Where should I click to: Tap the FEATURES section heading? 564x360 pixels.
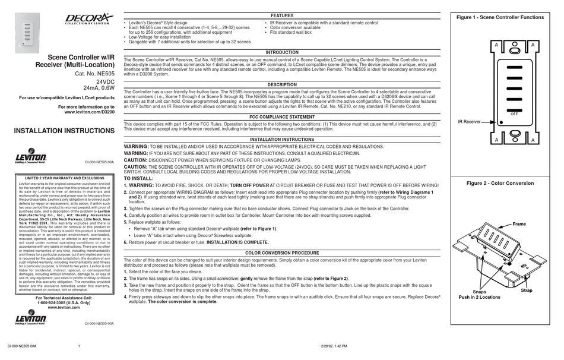pyautogui.click(x=282, y=15)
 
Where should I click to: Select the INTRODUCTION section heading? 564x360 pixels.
pyautogui.click(x=282, y=52)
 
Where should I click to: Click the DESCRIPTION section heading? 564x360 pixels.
pyautogui.click(x=282, y=85)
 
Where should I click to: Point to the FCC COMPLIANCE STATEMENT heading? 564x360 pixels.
pyautogui.click(x=282, y=117)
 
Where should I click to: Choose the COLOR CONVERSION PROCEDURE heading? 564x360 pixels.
pyautogui.click(x=282, y=252)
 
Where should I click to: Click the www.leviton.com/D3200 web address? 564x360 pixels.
pyautogui.click(x=89, y=112)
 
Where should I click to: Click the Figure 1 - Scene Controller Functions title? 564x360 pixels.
pyautogui.click(x=499, y=18)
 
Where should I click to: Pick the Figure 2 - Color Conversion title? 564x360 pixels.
pyautogui.click(x=500, y=183)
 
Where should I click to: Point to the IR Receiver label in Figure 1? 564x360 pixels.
pyautogui.click(x=469, y=121)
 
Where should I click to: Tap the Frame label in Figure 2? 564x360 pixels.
pyautogui.click(x=519, y=224)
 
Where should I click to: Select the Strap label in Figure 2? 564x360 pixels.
pyautogui.click(x=527, y=290)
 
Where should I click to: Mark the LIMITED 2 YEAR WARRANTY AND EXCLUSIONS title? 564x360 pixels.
pyautogui.click(x=64, y=178)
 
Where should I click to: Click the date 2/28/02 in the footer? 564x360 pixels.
pyautogui.click(x=319, y=345)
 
